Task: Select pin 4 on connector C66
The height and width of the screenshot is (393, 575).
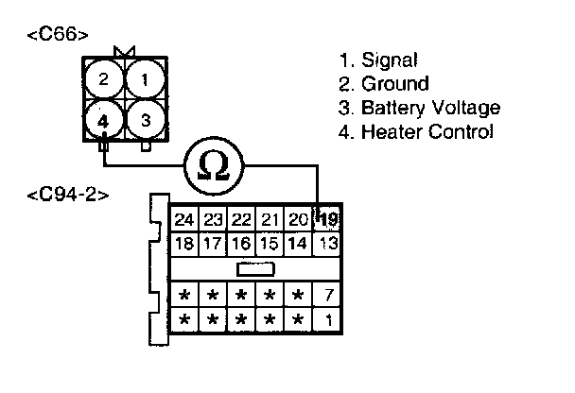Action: tap(103, 121)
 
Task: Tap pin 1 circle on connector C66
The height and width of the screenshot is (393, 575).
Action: tap(144, 79)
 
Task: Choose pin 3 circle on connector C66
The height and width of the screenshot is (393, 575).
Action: tap(144, 121)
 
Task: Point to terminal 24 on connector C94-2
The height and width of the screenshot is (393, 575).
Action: tap(184, 221)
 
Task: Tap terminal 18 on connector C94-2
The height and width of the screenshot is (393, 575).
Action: tap(184, 244)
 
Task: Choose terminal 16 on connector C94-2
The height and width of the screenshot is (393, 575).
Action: tap(242, 244)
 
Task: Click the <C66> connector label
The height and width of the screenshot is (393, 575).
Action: tap(60, 35)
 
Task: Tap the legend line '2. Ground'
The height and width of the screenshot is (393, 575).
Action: tap(384, 84)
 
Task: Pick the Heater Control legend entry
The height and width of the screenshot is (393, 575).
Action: tap(427, 132)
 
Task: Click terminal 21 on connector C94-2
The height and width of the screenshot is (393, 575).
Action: tap(270, 221)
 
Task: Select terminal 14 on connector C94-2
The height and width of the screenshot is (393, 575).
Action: tap(299, 244)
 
